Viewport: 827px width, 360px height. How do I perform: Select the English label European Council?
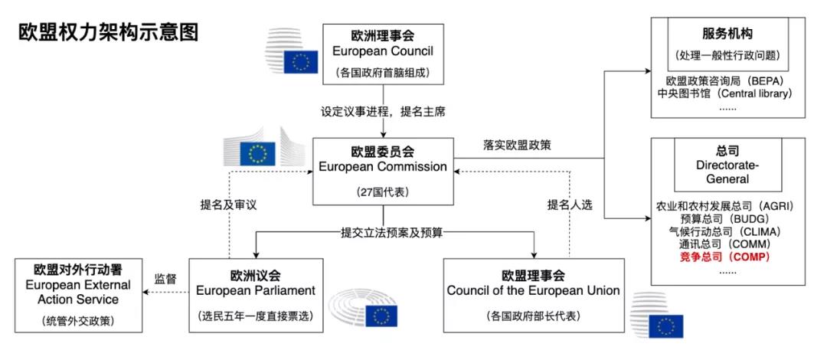(x=382, y=51)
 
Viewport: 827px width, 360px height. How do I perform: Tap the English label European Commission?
(x=382, y=166)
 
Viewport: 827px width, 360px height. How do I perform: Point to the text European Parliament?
(x=254, y=290)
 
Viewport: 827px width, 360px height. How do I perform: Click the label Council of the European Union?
(x=533, y=290)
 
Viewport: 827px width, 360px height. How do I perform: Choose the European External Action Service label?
(x=80, y=292)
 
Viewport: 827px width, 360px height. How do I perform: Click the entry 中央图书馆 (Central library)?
(x=724, y=93)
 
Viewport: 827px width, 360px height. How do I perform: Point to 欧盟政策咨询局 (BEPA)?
(x=724, y=80)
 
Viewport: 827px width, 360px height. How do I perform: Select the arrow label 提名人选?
(x=570, y=205)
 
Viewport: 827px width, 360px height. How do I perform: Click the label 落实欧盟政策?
(x=518, y=145)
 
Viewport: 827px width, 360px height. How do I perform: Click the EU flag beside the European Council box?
(x=300, y=62)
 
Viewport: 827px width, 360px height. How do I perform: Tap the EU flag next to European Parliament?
(x=381, y=316)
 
